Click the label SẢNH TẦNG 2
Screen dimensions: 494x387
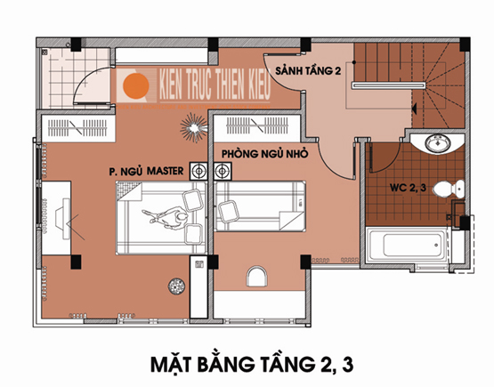pyautogui.click(x=308, y=70)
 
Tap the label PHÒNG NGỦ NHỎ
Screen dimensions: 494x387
pyautogui.click(x=264, y=154)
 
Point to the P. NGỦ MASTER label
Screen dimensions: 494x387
pyautogui.click(x=146, y=172)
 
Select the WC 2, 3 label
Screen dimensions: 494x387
pyautogui.click(x=408, y=188)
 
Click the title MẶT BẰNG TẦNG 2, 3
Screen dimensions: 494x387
pyautogui.click(x=252, y=364)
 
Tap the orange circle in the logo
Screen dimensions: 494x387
pyautogui.click(x=136, y=85)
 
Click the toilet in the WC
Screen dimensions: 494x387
pyautogui.click(x=449, y=189)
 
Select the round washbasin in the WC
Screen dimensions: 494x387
pyautogui.click(x=438, y=143)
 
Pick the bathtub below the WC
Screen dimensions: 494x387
pyautogui.click(x=408, y=245)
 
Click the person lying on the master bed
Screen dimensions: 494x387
pyautogui.click(x=166, y=218)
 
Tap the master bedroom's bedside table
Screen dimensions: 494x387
pyautogui.click(x=198, y=172)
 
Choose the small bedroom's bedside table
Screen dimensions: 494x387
pyautogui.click(x=223, y=172)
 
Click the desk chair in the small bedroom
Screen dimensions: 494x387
pyautogui.click(x=256, y=276)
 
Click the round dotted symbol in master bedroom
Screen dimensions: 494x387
pyautogui.click(x=176, y=286)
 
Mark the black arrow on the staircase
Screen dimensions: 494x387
pyautogui.click(x=414, y=109)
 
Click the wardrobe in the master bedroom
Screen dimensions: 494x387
pyautogui.click(x=78, y=128)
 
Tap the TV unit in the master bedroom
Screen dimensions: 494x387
pyautogui.click(x=57, y=218)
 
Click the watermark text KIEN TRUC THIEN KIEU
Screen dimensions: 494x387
pyautogui.click(x=215, y=85)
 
